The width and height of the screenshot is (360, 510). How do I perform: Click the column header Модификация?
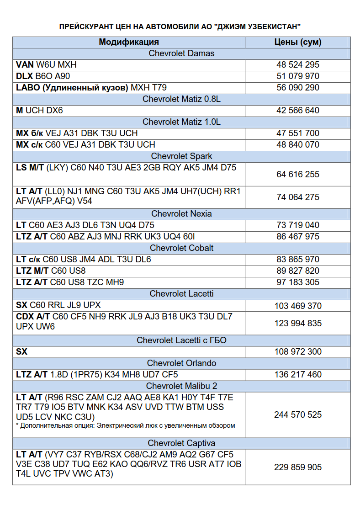point(129,42)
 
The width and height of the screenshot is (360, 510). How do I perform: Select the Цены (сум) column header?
point(298,42)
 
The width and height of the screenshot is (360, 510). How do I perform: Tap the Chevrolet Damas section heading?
point(181,53)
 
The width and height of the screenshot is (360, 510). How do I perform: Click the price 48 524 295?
point(298,65)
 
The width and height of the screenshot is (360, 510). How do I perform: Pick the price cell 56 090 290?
point(298,87)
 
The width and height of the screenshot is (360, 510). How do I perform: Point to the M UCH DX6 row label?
point(39,110)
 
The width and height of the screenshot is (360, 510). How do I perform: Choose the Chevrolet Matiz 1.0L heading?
point(181,122)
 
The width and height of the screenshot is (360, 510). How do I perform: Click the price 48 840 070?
point(298,144)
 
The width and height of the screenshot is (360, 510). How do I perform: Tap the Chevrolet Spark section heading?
point(181,156)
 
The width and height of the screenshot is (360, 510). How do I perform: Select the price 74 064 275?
point(298,197)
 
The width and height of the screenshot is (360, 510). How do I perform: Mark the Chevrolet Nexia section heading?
point(181,213)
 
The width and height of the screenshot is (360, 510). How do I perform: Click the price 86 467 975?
point(298,236)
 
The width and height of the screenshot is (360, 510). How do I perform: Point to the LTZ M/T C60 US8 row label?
point(51,271)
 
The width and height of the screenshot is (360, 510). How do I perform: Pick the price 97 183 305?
point(298,282)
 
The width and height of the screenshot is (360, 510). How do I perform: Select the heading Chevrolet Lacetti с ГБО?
point(181,340)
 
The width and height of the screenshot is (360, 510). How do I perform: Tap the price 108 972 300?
point(298,351)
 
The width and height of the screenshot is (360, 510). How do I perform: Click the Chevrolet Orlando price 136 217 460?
point(298,374)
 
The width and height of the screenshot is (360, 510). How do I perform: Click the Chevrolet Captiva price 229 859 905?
point(298,467)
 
